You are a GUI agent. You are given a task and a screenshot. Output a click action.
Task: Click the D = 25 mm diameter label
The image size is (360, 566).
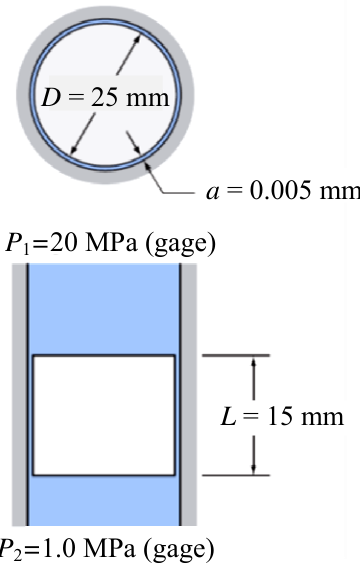pos(105,97)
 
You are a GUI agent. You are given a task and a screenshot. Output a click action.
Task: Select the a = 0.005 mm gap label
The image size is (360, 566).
pos(283,190)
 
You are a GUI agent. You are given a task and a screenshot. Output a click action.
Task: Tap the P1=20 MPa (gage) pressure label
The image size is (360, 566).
pos(110,244)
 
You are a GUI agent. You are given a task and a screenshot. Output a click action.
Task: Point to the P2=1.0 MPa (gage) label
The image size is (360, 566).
pos(107,549)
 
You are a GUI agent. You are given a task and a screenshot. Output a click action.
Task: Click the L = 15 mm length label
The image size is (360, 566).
pos(282,416)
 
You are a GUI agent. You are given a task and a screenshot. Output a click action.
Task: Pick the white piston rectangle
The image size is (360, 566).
pos(104,415)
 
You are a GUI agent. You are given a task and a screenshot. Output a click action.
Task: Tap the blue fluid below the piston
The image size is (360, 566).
pos(104,500)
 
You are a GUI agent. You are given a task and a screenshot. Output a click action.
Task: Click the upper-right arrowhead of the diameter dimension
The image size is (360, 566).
pos(137,39)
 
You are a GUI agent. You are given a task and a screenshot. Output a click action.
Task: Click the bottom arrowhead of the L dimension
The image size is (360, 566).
pos(253,469)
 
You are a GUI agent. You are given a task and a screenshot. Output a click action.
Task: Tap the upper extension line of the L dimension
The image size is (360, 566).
pos(236,356)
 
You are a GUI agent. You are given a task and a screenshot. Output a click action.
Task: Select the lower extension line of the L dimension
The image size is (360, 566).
pos(236,475)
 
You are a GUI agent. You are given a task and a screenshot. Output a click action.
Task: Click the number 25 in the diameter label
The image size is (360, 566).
pos(105,97)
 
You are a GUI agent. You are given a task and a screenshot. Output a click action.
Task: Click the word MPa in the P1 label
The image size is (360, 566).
pos(110,243)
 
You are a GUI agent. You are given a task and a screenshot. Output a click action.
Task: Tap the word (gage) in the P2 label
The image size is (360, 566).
pos(179,549)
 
